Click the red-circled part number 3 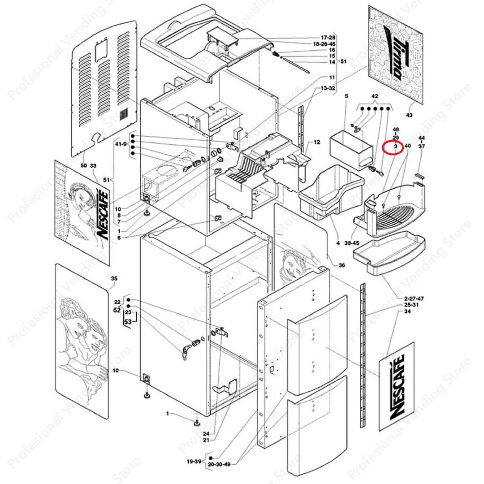point(396,146)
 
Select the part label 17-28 point(328,38)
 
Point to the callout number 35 point(114,279)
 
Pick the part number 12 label point(317,143)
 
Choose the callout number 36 point(341,266)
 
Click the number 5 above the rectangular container point(346,96)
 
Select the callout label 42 point(375,96)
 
